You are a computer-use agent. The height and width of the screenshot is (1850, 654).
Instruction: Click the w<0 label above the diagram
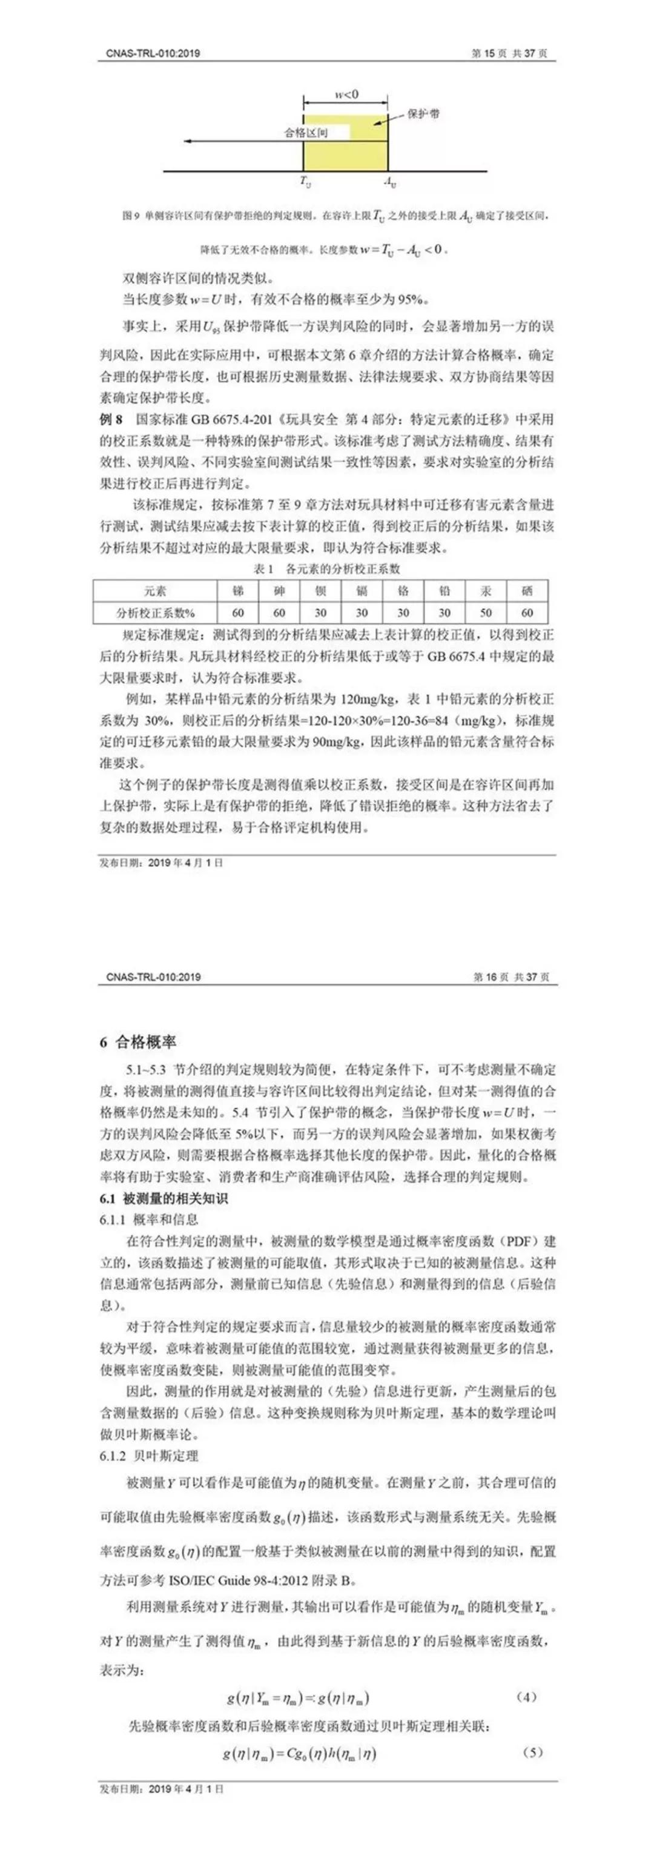point(347,94)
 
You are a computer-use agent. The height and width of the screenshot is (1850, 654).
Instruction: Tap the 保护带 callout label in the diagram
point(423,113)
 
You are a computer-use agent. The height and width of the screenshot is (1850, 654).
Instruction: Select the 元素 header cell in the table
point(155,591)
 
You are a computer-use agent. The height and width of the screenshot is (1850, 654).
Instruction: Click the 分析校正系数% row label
point(155,612)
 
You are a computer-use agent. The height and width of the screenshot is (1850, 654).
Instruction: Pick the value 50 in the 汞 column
point(486,612)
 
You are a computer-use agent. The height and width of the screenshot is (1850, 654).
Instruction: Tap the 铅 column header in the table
point(444,591)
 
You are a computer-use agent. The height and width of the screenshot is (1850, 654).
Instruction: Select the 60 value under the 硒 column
point(527,612)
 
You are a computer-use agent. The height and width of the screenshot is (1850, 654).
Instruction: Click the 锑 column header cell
point(237,591)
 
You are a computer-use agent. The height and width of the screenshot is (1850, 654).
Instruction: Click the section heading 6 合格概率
point(138,1042)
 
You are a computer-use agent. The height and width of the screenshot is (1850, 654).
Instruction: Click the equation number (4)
point(526,1698)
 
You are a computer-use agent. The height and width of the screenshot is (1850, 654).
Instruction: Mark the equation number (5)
point(532,1752)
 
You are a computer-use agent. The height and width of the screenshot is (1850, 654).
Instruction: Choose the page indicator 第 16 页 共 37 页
point(511,976)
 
